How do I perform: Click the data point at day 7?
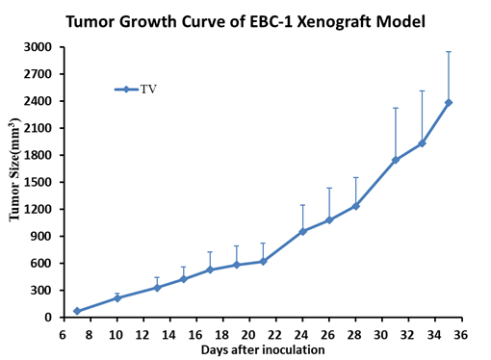pyautogui.click(x=77, y=311)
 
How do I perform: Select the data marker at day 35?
pyautogui.click(x=449, y=102)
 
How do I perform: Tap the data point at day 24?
pyautogui.click(x=302, y=231)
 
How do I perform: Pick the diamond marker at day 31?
pyautogui.click(x=396, y=160)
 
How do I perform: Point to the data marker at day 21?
pyautogui.click(x=263, y=262)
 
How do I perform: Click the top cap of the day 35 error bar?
pyautogui.click(x=449, y=51)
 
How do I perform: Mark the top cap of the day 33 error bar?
pyautogui.click(x=422, y=90)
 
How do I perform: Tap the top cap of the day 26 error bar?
pyautogui.click(x=329, y=188)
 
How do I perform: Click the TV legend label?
pyautogui.click(x=148, y=90)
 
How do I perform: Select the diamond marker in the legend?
pyautogui.click(x=126, y=90)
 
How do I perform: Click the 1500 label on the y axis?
pyautogui.click(x=38, y=182)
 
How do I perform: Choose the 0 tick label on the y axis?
pyautogui.click(x=48, y=318)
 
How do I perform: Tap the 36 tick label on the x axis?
pyautogui.click(x=461, y=335)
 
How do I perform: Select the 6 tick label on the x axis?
pyautogui.click(x=63, y=335)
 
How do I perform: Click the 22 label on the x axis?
pyautogui.click(x=274, y=335)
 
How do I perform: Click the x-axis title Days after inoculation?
pyautogui.click(x=263, y=349)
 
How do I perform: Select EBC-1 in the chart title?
pyautogui.click(x=271, y=21)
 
